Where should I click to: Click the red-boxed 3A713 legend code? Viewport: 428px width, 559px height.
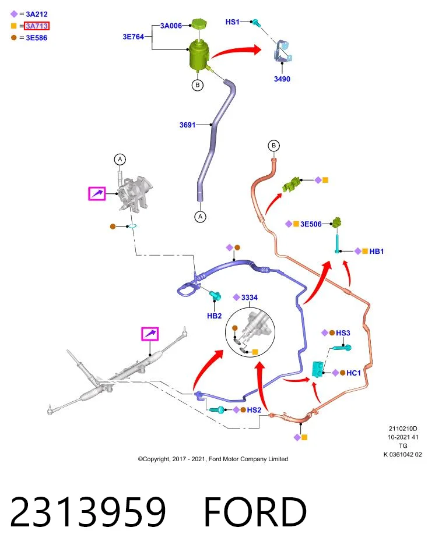tap(37, 26)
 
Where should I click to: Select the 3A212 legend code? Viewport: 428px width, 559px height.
tap(37, 14)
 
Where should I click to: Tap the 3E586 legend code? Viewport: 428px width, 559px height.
tap(36, 38)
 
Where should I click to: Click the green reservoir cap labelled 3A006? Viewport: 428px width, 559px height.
tap(198, 24)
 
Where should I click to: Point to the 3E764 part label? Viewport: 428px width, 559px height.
tap(133, 36)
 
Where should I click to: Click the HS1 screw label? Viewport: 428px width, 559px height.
tap(233, 22)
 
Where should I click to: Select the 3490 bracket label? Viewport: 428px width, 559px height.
tap(282, 79)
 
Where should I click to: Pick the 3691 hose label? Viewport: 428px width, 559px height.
tap(187, 125)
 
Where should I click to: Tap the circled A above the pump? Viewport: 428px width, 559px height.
tap(120, 160)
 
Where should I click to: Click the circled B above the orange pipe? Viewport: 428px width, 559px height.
tap(274, 146)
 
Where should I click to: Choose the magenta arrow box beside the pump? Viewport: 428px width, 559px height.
tap(97, 193)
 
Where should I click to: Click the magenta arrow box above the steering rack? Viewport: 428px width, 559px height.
tap(150, 334)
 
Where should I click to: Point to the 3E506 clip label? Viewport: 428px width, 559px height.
tap(311, 224)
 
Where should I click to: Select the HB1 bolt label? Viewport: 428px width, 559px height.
tap(377, 252)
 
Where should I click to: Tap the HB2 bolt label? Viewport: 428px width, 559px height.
tap(214, 316)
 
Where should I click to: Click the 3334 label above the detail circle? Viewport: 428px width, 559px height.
tap(249, 298)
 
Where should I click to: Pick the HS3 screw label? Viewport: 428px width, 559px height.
tap(343, 333)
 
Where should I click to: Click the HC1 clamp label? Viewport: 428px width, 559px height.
tap(354, 373)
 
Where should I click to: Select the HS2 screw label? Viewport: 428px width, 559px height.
tap(254, 410)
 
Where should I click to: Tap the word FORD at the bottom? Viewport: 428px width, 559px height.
tap(255, 512)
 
